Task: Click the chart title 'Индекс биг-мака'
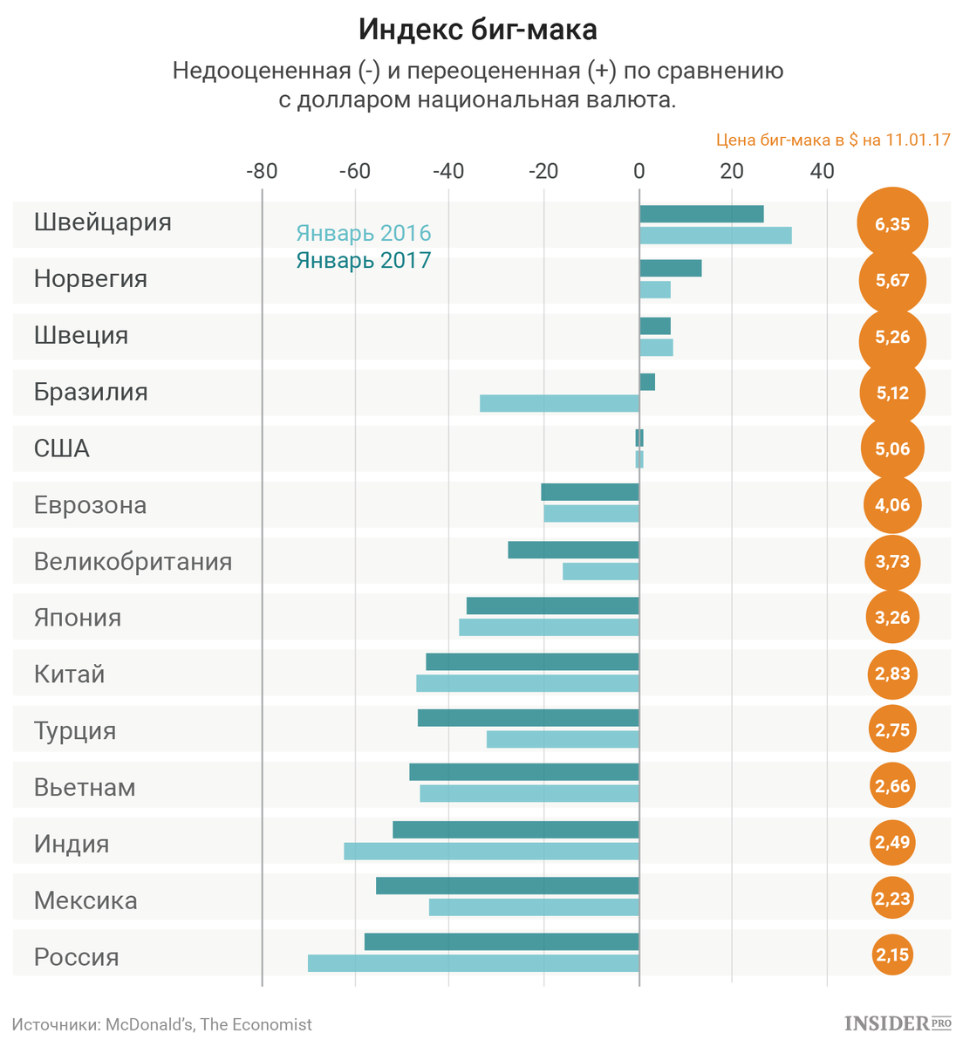(x=478, y=30)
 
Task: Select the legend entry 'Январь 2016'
(x=364, y=233)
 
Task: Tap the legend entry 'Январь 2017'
(x=364, y=260)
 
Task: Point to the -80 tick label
(x=262, y=171)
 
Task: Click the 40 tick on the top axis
(x=823, y=171)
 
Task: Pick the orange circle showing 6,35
(x=892, y=224)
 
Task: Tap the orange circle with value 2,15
(x=892, y=955)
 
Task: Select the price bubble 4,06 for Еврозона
(x=892, y=504)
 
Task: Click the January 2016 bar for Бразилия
(x=559, y=403)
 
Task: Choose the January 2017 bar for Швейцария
(x=701, y=214)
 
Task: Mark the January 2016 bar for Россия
(x=474, y=963)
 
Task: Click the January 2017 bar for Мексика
(x=508, y=886)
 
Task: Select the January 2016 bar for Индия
(x=492, y=851)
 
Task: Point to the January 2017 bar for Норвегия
(x=671, y=268)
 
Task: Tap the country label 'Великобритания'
(x=133, y=561)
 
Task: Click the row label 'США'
(x=62, y=448)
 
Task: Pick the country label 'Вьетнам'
(x=85, y=787)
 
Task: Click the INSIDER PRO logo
(x=898, y=1023)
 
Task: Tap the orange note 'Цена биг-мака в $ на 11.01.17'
(x=833, y=140)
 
